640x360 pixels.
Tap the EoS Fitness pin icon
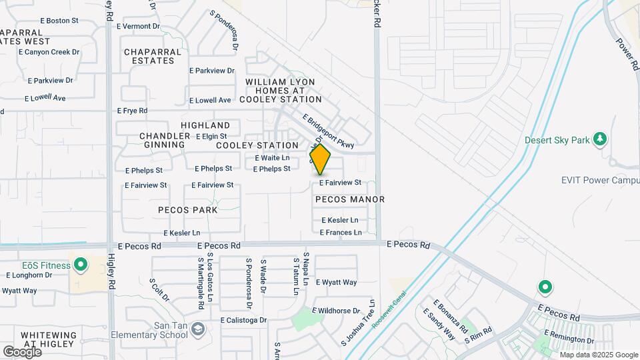[81, 265]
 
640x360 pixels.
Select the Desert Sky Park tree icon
[601, 139]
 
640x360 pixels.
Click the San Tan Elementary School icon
[197, 328]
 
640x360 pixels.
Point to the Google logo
[22, 351]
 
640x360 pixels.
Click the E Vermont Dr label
[139, 27]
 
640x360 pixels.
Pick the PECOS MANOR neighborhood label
[350, 199]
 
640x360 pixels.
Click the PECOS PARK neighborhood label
[188, 210]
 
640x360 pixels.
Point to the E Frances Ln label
[341, 233]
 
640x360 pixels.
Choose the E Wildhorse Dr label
[337, 311]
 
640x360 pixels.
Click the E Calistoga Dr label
[243, 320]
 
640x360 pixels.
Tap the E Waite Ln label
[273, 158]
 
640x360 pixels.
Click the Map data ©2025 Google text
[598, 354]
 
